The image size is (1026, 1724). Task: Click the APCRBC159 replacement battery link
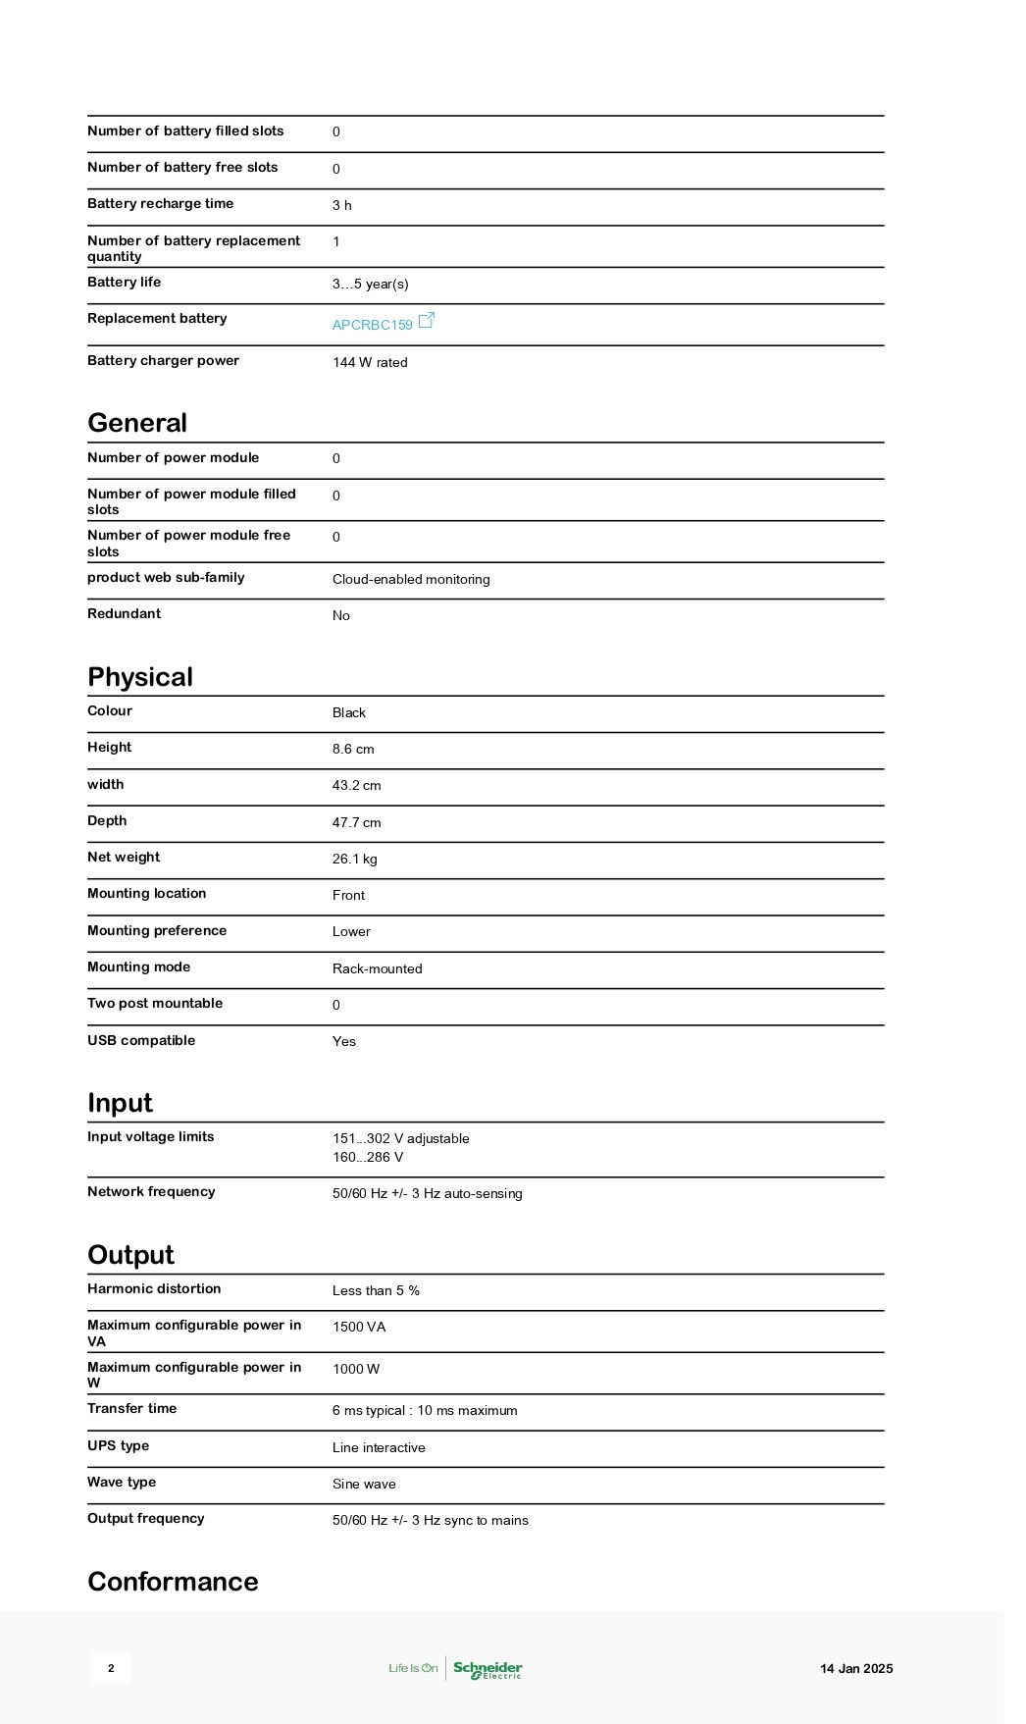(372, 325)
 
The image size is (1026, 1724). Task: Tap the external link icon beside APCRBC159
(427, 321)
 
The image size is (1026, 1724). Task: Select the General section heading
(137, 423)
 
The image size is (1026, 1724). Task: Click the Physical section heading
(140, 677)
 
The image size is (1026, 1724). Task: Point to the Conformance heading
(173, 1582)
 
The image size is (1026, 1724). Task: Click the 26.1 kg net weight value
(354, 860)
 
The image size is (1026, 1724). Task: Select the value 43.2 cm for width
(356, 786)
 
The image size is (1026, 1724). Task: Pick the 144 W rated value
(370, 363)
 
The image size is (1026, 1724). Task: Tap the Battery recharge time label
(160, 204)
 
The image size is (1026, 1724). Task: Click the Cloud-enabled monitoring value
(411, 580)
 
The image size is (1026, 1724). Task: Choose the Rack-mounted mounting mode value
(377, 969)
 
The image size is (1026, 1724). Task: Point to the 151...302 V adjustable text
(400, 1139)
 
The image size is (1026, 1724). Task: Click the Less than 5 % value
(376, 1291)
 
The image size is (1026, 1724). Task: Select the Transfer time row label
(131, 1409)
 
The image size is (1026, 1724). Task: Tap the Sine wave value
(364, 1485)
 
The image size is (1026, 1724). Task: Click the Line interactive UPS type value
(379, 1448)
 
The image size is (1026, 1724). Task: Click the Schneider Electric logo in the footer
(487, 1669)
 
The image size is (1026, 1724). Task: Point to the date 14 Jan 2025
(856, 1669)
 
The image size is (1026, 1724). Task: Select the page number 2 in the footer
(111, 1669)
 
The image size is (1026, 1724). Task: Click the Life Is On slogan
(413, 1669)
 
